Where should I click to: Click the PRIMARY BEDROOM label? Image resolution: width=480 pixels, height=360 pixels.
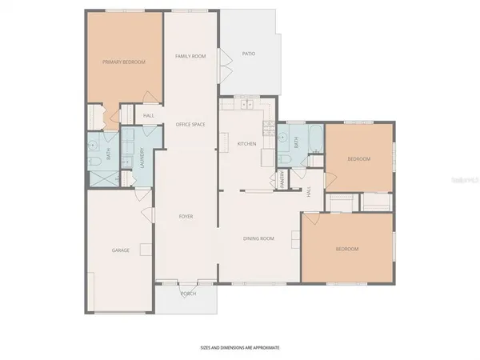pyautogui.click(x=123, y=61)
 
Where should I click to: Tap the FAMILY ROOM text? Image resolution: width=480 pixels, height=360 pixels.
pyautogui.click(x=190, y=55)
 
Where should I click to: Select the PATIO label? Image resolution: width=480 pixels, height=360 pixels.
pyautogui.click(x=248, y=54)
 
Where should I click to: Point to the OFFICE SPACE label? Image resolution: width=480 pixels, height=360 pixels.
pyautogui.click(x=190, y=124)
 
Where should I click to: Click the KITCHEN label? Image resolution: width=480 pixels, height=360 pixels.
pyautogui.click(x=246, y=143)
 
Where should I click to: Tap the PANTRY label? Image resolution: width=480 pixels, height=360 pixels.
pyautogui.click(x=283, y=179)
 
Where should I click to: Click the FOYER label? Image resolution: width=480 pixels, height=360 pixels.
pyautogui.click(x=186, y=216)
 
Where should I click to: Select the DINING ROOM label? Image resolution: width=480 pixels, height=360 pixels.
pyautogui.click(x=259, y=238)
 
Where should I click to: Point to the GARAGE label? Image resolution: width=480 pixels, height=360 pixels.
pyautogui.click(x=121, y=250)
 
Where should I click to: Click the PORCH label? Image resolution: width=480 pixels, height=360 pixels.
pyautogui.click(x=188, y=293)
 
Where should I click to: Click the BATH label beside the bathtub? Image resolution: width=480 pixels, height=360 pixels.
pyautogui.click(x=296, y=142)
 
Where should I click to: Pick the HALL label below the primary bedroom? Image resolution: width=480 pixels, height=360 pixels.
pyautogui.click(x=149, y=116)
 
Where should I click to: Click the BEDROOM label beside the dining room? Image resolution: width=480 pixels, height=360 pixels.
pyautogui.click(x=346, y=249)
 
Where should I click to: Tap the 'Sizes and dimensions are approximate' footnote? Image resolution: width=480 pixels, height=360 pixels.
pyautogui.click(x=239, y=348)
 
